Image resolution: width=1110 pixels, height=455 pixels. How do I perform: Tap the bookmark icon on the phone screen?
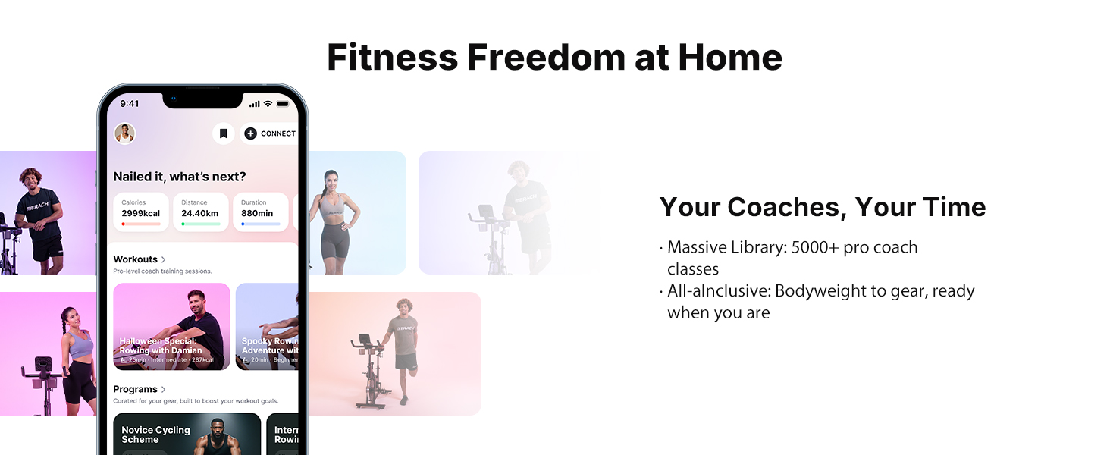tap(223, 133)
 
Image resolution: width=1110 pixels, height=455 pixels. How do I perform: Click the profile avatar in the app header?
tap(124, 133)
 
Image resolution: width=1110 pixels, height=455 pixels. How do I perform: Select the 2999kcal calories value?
tap(141, 213)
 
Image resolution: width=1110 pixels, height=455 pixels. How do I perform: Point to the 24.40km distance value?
tap(199, 213)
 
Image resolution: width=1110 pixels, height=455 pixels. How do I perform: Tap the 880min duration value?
tap(257, 213)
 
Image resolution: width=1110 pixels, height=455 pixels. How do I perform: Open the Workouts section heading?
tap(136, 259)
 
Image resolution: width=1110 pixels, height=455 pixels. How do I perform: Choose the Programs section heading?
tap(136, 389)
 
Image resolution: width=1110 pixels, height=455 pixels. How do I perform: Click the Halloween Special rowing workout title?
tap(161, 346)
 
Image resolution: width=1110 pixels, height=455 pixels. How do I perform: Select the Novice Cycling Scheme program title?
tap(155, 435)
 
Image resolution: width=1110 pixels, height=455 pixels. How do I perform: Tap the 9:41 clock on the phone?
tap(130, 104)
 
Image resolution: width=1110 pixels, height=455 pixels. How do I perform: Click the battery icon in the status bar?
tap(283, 104)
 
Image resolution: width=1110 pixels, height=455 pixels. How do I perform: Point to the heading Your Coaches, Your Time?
tap(823, 207)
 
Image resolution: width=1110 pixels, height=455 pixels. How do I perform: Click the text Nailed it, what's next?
tap(180, 177)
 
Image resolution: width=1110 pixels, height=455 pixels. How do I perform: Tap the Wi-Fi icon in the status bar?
tap(267, 104)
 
